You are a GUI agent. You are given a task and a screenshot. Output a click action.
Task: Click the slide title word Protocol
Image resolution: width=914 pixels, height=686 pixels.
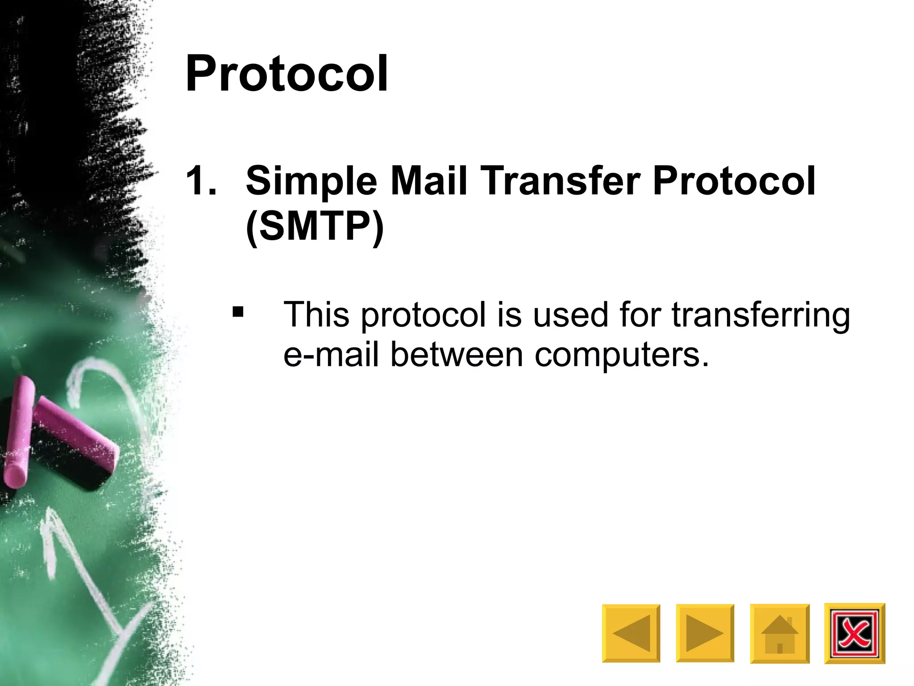pyautogui.click(x=287, y=74)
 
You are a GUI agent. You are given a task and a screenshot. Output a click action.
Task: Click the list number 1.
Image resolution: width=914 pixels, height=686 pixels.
pyautogui.click(x=201, y=180)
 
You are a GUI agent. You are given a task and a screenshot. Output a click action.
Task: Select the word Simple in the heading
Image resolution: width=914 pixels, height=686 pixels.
pyautogui.click(x=312, y=181)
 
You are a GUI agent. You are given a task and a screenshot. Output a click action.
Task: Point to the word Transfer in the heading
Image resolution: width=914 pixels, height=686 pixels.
pyautogui.click(x=560, y=180)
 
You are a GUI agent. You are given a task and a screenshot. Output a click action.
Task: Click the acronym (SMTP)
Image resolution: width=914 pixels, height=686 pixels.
pyautogui.click(x=315, y=226)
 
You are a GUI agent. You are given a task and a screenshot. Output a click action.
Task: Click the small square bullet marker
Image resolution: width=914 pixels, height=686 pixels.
pyautogui.click(x=238, y=311)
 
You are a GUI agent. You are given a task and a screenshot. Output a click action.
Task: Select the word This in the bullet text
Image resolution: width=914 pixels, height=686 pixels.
pyautogui.click(x=316, y=314)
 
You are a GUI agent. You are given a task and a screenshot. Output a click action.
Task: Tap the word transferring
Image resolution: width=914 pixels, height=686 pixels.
pyautogui.click(x=760, y=315)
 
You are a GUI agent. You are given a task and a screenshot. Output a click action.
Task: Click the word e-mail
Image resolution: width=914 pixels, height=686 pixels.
pyautogui.click(x=331, y=355)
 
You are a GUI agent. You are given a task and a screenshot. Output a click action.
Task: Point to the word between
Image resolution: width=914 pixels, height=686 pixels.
pyautogui.click(x=456, y=355)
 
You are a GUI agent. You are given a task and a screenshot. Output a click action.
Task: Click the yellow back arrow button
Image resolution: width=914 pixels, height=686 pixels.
pyautogui.click(x=631, y=633)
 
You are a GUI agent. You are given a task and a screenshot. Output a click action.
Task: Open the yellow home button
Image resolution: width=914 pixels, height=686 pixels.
pyautogui.click(x=780, y=633)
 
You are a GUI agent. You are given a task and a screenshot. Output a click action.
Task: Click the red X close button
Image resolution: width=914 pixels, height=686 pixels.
pyautogui.click(x=854, y=633)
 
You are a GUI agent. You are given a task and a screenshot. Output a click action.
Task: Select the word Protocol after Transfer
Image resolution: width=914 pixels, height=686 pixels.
pyautogui.click(x=734, y=180)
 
